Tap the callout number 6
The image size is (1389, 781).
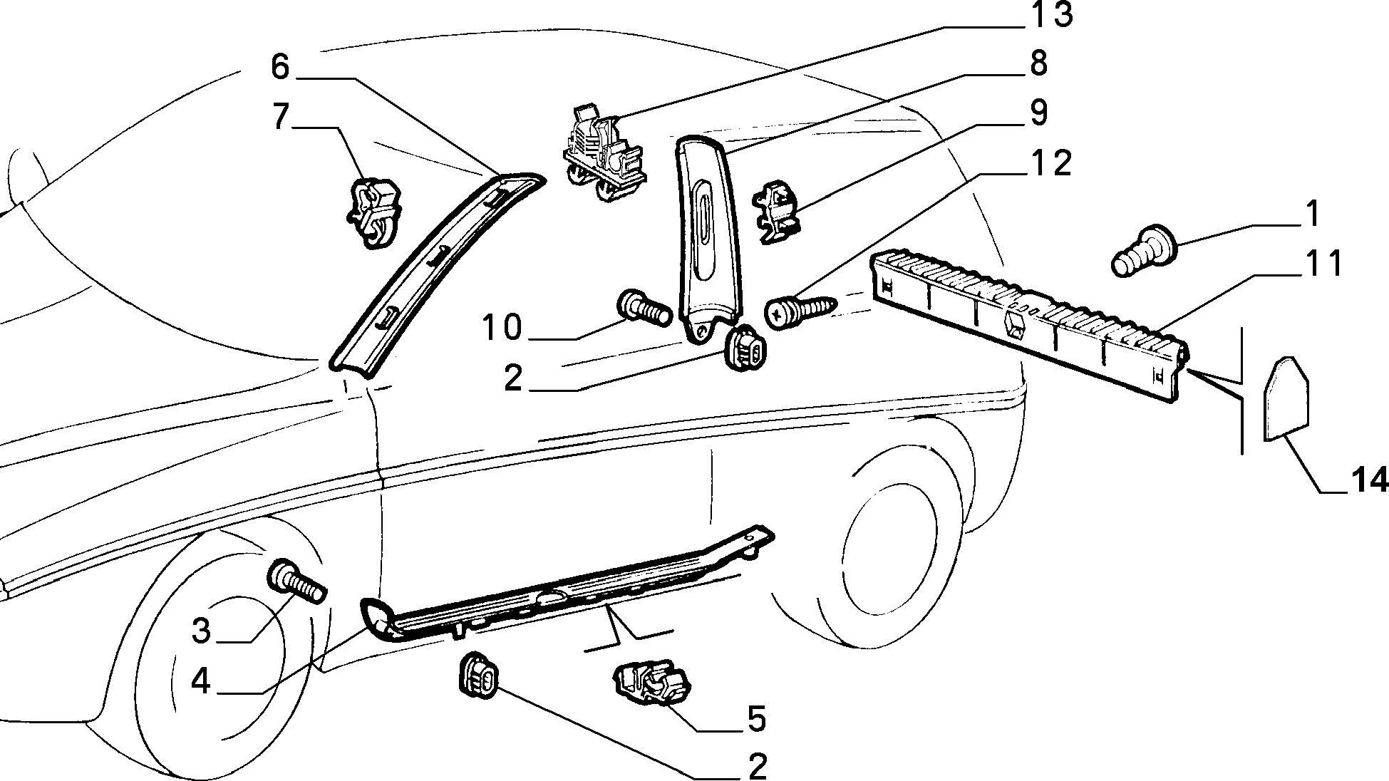pyautogui.click(x=280, y=67)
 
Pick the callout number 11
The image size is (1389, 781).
pyautogui.click(x=1323, y=263)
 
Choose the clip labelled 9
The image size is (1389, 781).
pyautogui.click(x=778, y=212)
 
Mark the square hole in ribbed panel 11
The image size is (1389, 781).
pyautogui.click(x=1013, y=325)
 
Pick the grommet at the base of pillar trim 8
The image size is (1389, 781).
pyautogui.click(x=745, y=348)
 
